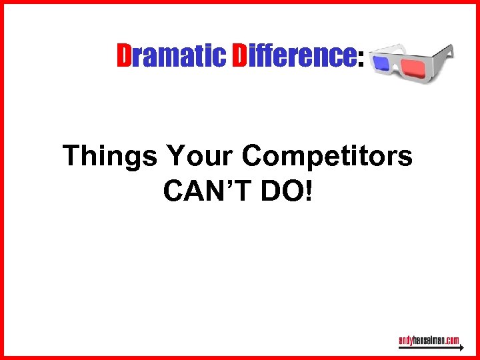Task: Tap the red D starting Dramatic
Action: pyautogui.click(x=124, y=57)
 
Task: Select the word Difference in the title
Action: pyautogui.click(x=293, y=57)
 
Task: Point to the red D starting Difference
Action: pyautogui.click(x=241, y=57)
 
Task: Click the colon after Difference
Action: pyautogui.click(x=361, y=61)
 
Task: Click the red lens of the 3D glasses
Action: pyautogui.click(x=411, y=67)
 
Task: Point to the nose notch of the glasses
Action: pyautogui.click(x=397, y=69)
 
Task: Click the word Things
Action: pyautogui.click(x=110, y=157)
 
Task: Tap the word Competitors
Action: pyautogui.click(x=327, y=157)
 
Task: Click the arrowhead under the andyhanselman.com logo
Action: pyautogui.click(x=459, y=349)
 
